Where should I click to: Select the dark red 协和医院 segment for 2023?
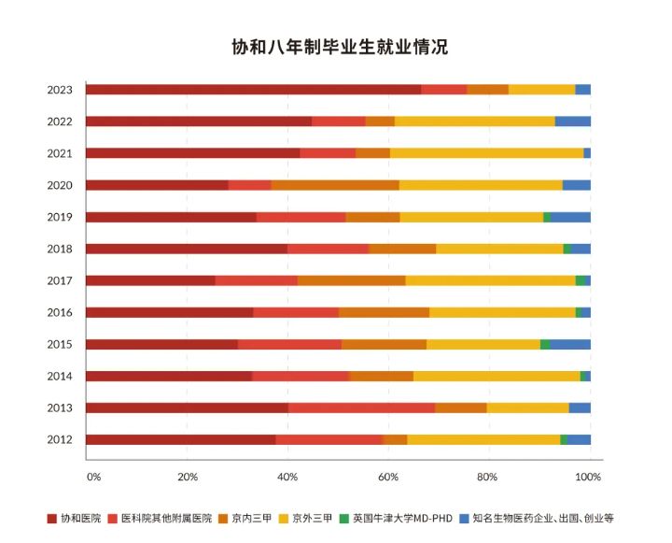[253, 89]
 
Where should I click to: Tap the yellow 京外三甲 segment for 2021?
[486, 152]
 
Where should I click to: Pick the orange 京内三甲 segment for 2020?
[335, 185]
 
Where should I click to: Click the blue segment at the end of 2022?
[572, 121]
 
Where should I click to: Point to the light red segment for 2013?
[361, 407]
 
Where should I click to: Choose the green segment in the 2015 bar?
[545, 344]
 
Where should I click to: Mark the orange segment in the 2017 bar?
[351, 280]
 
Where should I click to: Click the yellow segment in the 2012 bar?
[483, 439]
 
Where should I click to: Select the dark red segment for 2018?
[187, 249]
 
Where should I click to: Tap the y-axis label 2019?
[60, 217]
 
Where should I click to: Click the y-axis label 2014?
[60, 376]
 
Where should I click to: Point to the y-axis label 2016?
[60, 312]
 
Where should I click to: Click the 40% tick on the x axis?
[287, 477]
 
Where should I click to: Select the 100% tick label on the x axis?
[588, 477]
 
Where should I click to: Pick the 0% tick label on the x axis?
[93, 477]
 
